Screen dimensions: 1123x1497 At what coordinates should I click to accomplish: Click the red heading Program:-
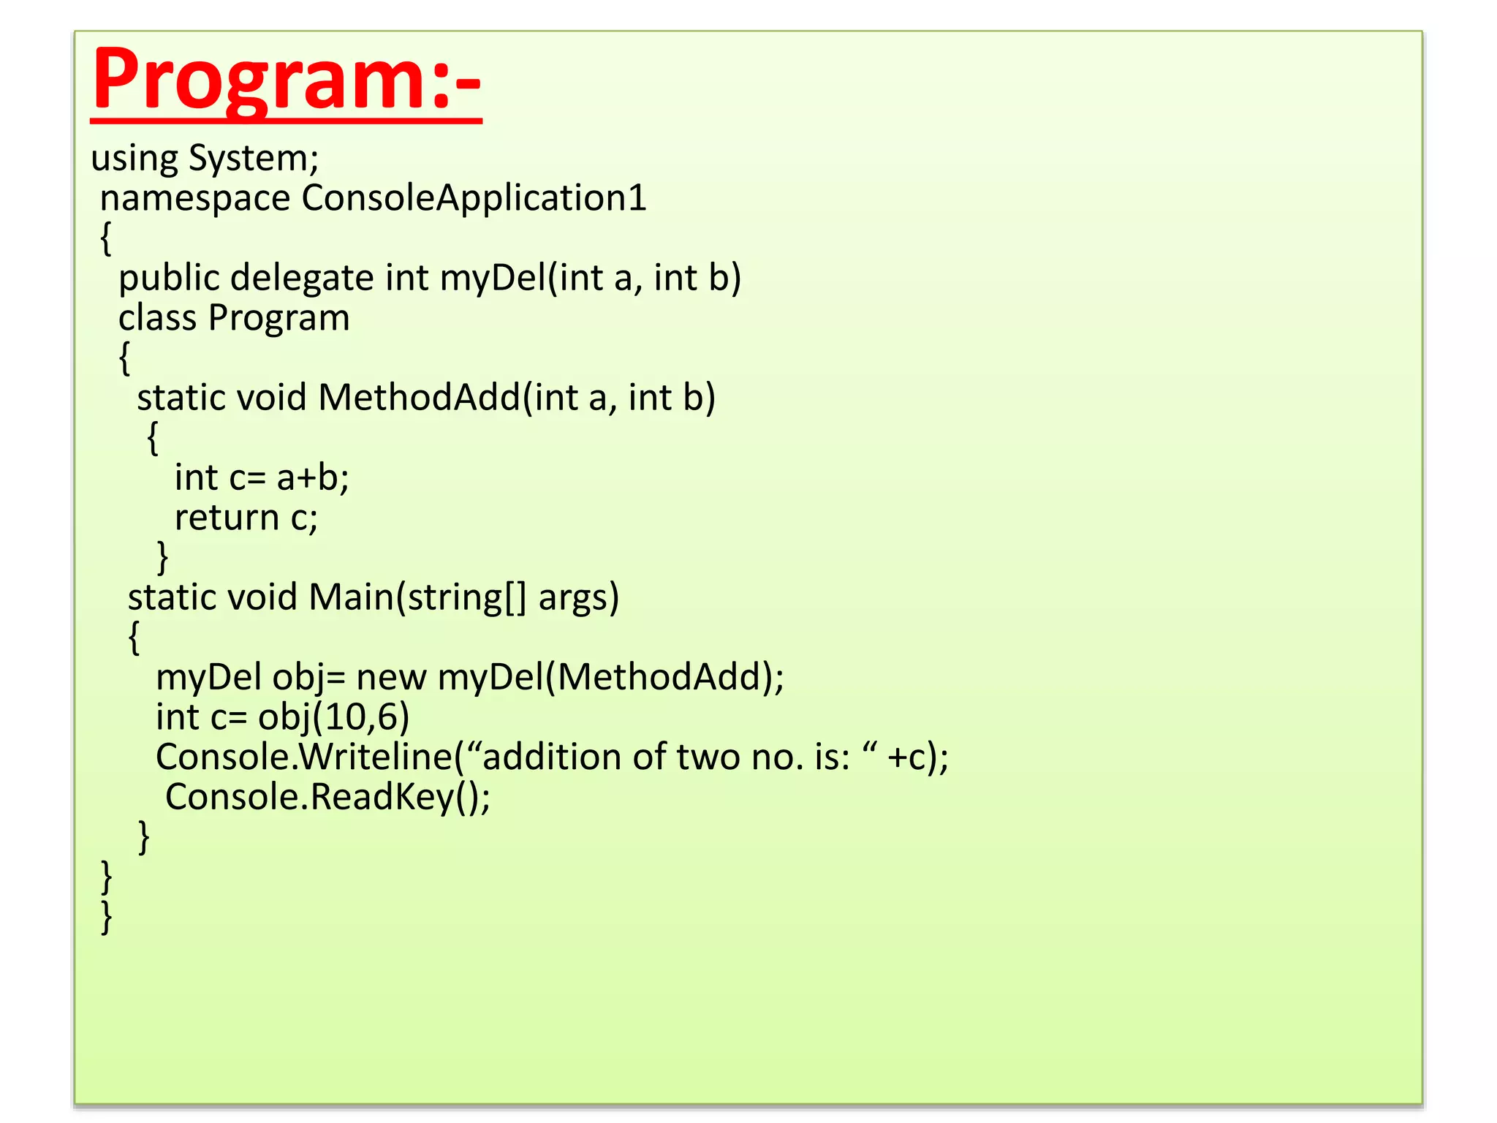coord(286,80)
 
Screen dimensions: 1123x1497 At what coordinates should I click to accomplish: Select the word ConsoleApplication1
coord(474,199)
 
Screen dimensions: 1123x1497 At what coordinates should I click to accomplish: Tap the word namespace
coord(194,199)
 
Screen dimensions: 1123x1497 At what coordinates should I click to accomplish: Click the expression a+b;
coord(313,478)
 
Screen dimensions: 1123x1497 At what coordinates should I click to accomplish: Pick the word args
coord(577,598)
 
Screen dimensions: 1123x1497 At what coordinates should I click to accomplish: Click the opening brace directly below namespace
coord(106,238)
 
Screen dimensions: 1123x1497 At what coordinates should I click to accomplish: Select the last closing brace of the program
coord(107,917)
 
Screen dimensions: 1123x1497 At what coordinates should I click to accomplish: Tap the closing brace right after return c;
coord(162,558)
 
